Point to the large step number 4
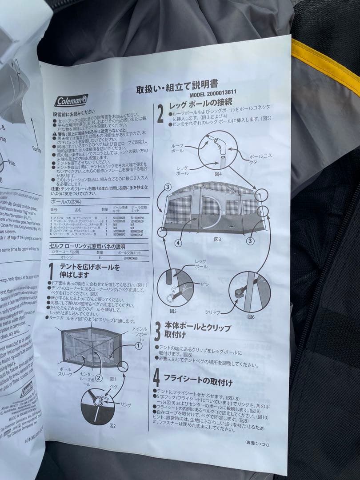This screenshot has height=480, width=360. point(156,378)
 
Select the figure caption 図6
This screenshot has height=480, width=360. point(250,317)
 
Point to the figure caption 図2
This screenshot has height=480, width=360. point(100,425)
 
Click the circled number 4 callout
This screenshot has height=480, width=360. point(178,243)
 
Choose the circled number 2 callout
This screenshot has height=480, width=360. point(99,378)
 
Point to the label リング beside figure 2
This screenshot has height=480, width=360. point(126,405)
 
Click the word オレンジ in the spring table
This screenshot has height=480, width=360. point(58,257)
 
